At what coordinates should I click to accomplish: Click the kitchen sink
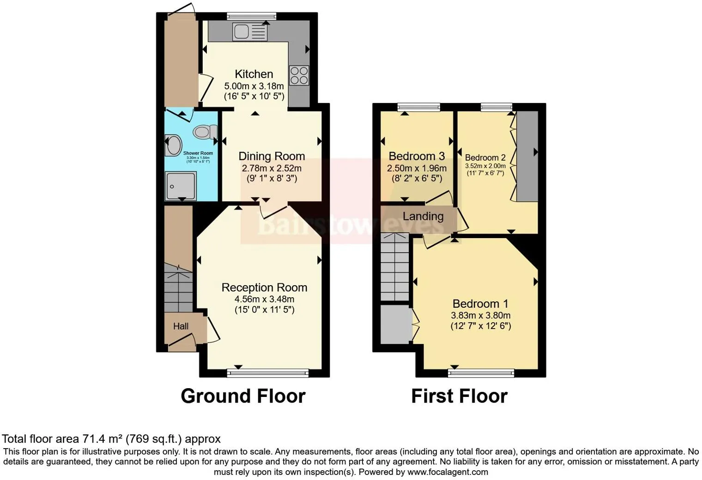pos(250,32)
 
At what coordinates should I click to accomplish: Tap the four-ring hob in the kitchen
pos(299,76)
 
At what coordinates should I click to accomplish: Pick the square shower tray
pos(181,186)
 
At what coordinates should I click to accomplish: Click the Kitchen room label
pos(254,74)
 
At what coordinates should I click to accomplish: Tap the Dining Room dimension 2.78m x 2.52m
pos(272,168)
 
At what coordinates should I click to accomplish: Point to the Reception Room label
pos(264,288)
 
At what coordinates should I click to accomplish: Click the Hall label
pos(181,326)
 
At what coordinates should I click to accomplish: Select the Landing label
pos(423,216)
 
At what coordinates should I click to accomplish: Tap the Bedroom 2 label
pos(485,157)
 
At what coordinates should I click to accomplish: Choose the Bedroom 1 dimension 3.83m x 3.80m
pos(480,316)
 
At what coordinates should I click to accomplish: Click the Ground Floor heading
pos(243,396)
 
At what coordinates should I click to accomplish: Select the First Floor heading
pos(459,396)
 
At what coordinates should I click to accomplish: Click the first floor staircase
pos(395,268)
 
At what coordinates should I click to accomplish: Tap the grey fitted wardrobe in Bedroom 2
pos(527,156)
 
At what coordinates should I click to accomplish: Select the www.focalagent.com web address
pos(448,472)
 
